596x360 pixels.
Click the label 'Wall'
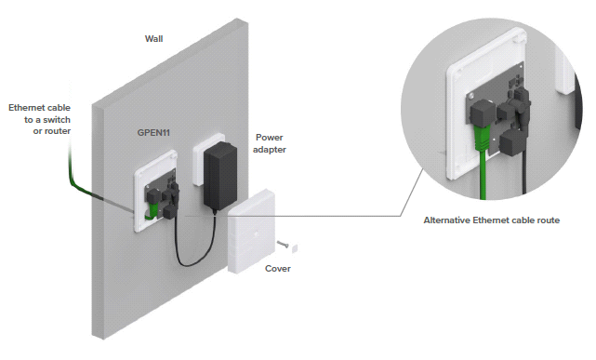(x=153, y=39)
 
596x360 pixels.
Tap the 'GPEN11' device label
(x=153, y=133)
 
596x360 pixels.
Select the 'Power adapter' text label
(x=270, y=143)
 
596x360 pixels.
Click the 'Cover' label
(x=278, y=269)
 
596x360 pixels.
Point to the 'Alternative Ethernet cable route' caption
(x=492, y=220)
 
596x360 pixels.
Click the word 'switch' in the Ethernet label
(x=59, y=120)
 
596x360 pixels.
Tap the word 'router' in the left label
(x=57, y=131)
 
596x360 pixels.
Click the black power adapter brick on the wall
(x=220, y=175)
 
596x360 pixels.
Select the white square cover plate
(x=251, y=232)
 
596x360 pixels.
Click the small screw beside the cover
(x=283, y=244)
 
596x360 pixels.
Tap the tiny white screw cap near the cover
(x=294, y=248)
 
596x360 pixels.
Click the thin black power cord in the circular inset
(x=524, y=171)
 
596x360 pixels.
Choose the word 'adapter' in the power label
(x=270, y=150)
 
